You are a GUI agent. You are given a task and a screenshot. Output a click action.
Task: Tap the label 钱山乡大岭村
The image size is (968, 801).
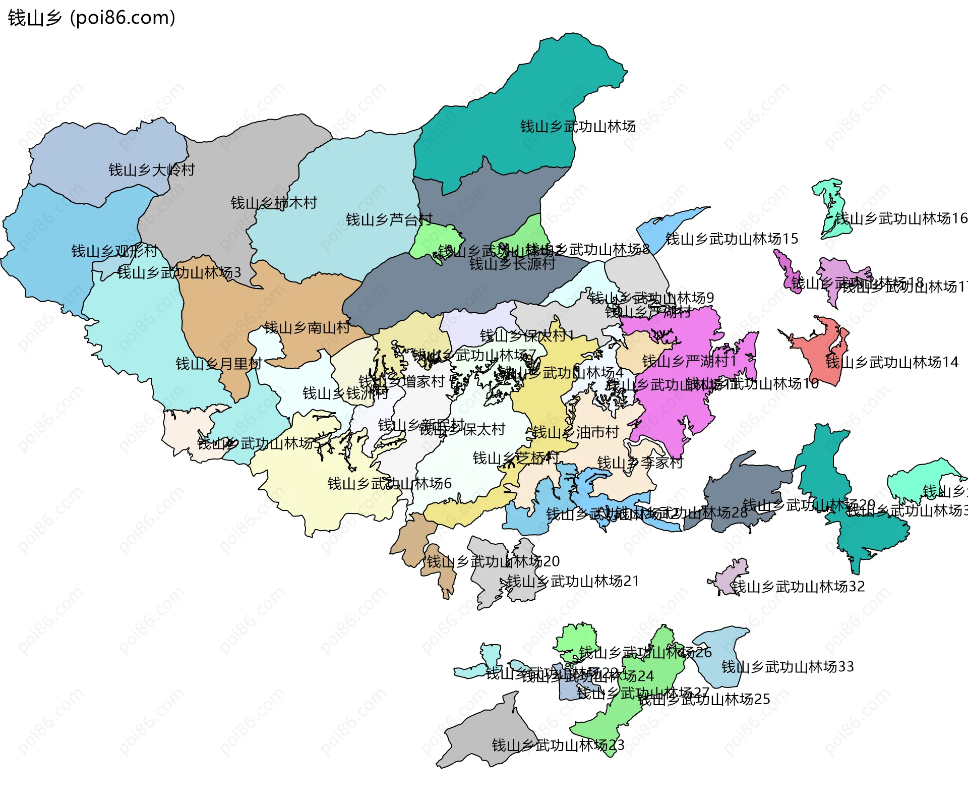tap(152, 170)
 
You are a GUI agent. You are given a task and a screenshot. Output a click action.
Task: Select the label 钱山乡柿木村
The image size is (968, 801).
tap(274, 203)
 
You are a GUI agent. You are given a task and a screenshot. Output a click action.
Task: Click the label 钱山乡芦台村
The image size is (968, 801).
tap(389, 220)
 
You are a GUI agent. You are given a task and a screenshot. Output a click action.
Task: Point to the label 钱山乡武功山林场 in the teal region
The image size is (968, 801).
tap(578, 127)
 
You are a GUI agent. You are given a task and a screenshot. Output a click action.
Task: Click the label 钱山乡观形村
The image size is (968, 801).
tap(114, 251)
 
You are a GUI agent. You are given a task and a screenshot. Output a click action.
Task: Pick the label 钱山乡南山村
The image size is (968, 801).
tap(307, 328)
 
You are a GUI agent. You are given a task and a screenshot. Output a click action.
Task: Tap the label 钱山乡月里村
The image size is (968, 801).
tap(219, 364)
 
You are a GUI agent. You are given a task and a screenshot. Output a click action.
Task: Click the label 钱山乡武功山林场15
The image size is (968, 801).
tap(732, 239)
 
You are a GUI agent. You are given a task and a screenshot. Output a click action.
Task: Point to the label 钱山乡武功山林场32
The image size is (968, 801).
tap(798, 587)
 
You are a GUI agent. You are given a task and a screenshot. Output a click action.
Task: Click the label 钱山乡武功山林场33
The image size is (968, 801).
tap(788, 667)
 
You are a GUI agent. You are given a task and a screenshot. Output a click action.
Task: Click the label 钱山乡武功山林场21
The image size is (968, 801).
tap(573, 582)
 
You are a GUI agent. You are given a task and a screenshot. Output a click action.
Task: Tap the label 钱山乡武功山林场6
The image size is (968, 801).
tap(389, 484)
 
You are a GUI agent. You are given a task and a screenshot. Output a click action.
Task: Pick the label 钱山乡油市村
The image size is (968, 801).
tap(575, 432)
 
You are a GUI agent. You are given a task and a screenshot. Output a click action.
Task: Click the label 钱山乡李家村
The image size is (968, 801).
tap(640, 463)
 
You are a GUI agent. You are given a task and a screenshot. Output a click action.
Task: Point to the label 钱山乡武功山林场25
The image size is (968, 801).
tap(704, 699)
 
